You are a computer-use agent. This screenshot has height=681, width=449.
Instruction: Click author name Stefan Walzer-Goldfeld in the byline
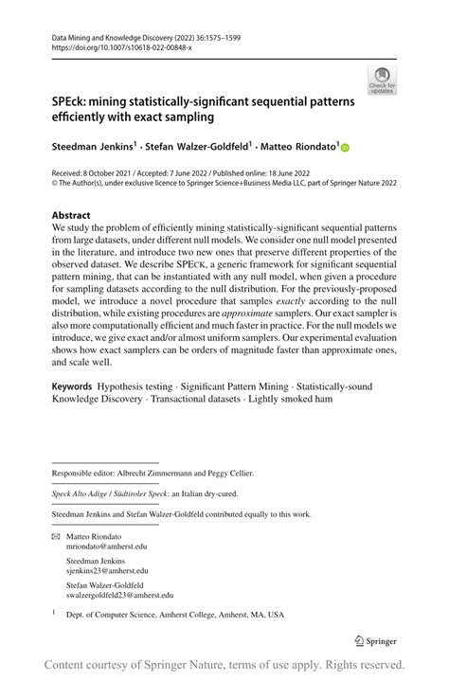coord(197,147)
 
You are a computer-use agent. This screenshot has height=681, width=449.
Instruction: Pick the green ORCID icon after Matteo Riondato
coord(345,148)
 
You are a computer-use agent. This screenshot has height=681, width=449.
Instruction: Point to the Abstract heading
coord(71,216)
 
